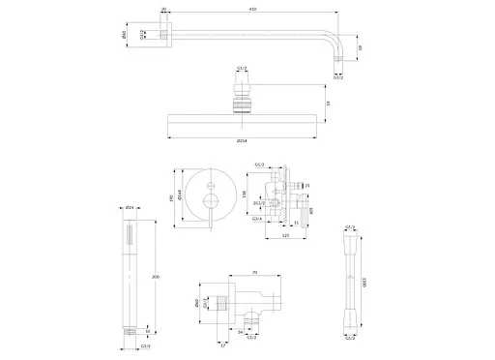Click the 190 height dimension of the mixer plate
175,197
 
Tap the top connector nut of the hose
347,240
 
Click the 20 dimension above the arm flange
163,10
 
